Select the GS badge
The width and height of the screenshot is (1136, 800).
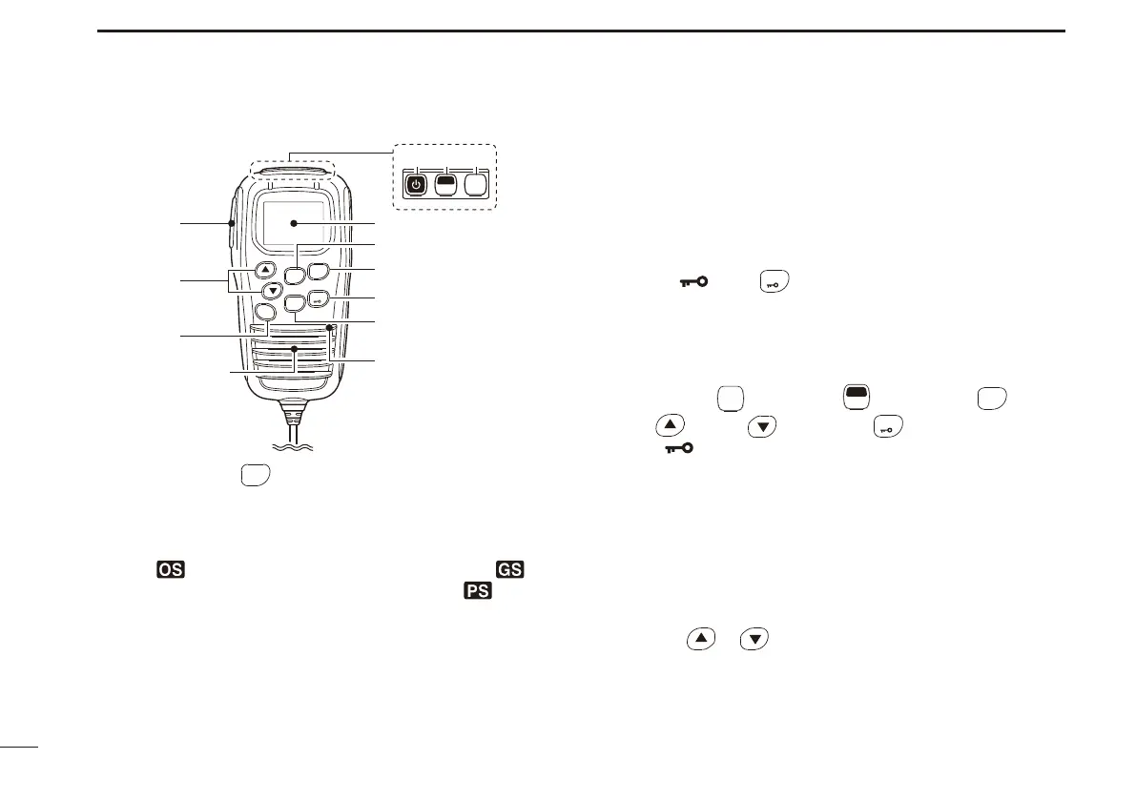pos(509,569)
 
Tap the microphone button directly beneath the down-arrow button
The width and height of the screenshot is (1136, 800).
pos(268,311)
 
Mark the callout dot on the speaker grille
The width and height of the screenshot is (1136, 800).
pos(295,349)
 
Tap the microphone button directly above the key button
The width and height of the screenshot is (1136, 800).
pos(319,271)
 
